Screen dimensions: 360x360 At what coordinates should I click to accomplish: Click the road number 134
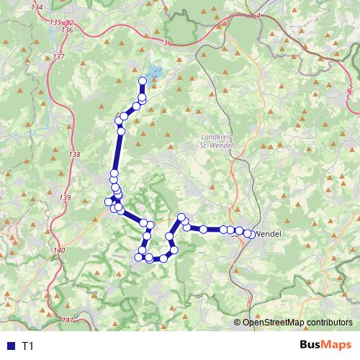tap(37, 6)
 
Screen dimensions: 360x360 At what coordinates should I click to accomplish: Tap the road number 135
tap(56, 23)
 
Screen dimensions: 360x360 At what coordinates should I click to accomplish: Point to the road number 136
tap(68, 30)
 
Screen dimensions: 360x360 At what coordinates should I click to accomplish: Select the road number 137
tap(59, 56)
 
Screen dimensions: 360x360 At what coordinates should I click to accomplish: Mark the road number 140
tap(59, 250)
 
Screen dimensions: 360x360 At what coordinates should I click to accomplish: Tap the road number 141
tap(68, 320)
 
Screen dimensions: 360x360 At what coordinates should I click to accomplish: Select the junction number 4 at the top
tap(257, 16)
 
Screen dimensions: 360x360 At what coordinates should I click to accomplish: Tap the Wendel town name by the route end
tap(268, 234)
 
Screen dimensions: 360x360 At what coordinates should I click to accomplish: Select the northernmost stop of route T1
tap(143, 81)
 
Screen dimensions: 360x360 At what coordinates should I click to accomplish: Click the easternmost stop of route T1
tap(249, 233)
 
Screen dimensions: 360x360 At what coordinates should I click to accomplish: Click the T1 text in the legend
tap(28, 346)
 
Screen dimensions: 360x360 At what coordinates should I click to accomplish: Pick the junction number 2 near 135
tap(71, 23)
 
